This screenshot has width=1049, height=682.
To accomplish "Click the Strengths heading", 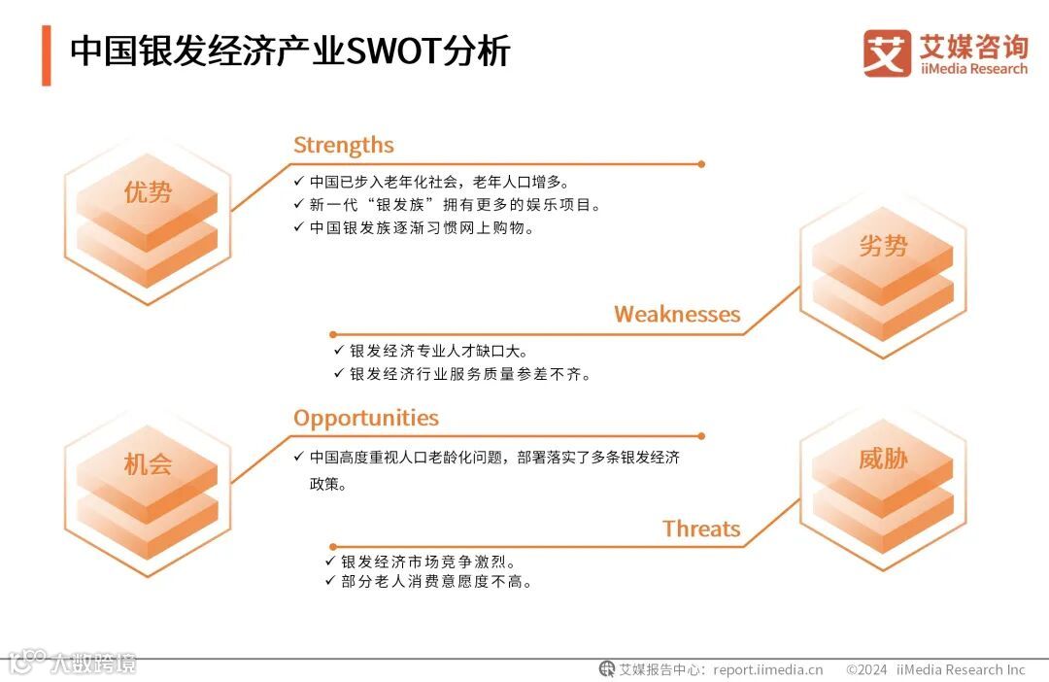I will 343,146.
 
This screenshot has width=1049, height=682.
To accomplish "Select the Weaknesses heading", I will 676,315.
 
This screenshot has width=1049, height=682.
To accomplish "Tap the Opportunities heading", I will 365,419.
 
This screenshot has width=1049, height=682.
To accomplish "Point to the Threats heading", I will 701,529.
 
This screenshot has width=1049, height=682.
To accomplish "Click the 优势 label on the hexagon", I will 148,193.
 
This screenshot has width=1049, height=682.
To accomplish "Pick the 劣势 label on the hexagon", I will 882,247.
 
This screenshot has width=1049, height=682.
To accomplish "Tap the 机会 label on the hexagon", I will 148,464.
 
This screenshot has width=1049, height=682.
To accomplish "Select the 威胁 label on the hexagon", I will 882,460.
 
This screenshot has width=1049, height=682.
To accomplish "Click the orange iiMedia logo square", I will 887,53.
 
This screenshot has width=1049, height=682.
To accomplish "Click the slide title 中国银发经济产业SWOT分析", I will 289,51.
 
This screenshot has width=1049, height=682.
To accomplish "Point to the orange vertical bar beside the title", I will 46,55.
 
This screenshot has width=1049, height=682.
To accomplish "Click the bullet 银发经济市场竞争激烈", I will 426,562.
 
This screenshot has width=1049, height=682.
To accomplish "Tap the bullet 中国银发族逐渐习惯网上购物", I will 422,228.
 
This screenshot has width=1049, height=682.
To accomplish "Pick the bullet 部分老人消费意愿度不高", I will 436,582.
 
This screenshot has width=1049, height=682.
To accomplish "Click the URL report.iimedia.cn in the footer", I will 767,669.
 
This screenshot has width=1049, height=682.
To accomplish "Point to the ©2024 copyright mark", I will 866,669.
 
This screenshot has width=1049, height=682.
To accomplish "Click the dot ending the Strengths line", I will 701,164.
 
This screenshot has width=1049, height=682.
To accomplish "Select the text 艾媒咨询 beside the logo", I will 972,46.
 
